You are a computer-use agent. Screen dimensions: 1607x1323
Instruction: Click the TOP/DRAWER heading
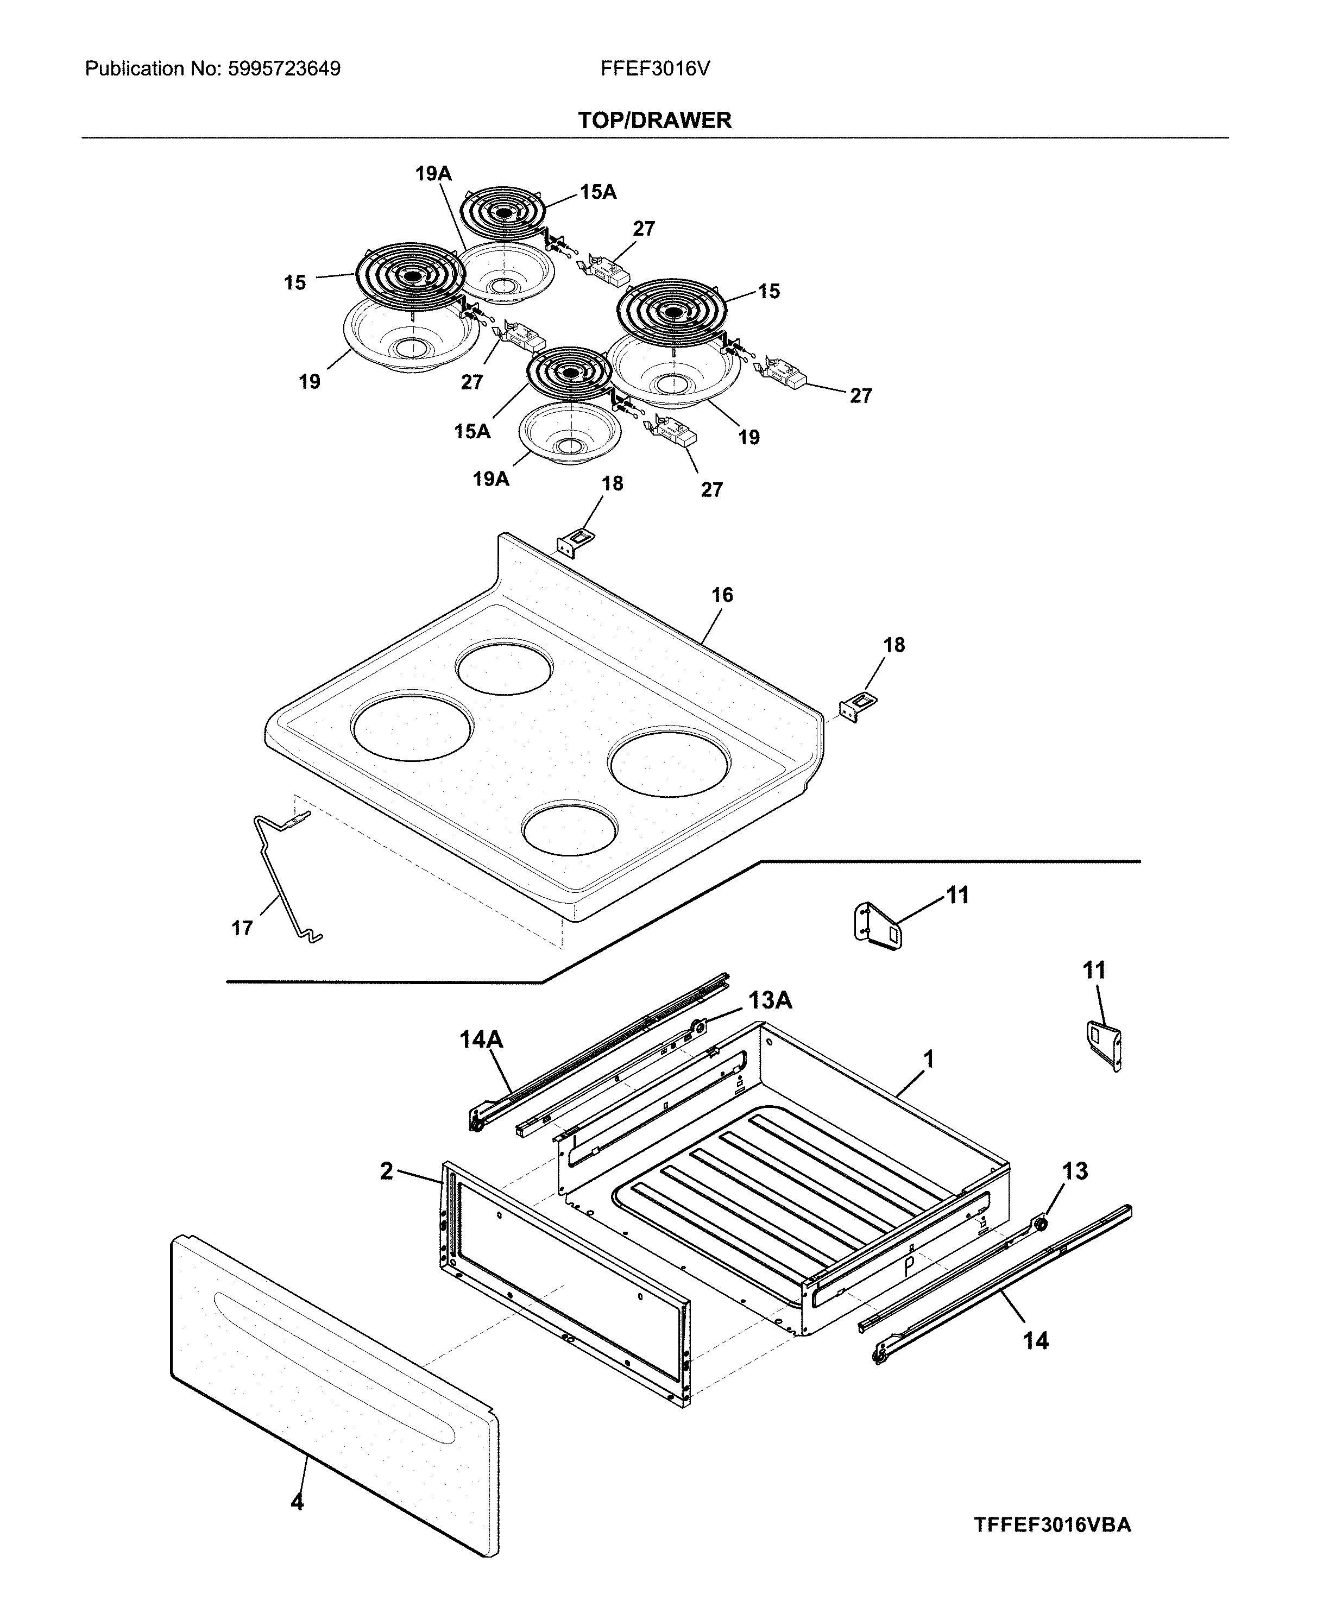pos(654,121)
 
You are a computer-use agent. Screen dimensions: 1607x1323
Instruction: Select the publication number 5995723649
pos(283,70)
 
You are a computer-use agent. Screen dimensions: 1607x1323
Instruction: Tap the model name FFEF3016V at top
pos(654,70)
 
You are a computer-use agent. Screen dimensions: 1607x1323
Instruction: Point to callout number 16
pos(722,595)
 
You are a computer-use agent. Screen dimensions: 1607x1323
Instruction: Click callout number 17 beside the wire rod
pos(242,928)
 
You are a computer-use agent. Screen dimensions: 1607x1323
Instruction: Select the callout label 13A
pos(769,1000)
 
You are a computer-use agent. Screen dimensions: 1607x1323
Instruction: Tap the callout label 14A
pos(481,1039)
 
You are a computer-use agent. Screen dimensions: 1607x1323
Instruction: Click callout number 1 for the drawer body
pos(928,1059)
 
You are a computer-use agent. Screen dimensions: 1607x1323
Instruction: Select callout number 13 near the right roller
pos(1075,1171)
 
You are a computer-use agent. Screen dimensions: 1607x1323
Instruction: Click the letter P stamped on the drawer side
pos(909,1266)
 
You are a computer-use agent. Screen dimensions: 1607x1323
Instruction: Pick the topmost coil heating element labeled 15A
pos(502,212)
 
